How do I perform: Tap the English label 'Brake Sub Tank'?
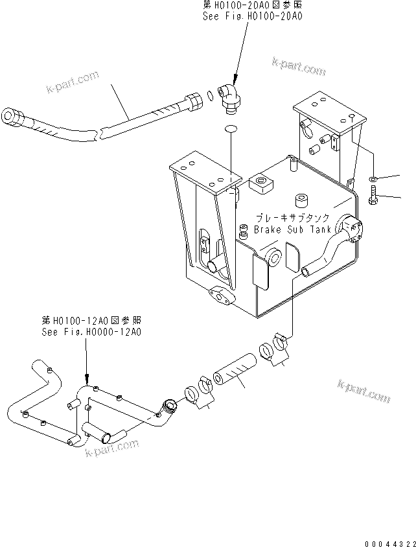coord(292,229)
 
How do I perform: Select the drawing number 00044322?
coord(387,538)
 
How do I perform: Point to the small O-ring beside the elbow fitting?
coord(211,98)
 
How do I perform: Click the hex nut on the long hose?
coord(194,102)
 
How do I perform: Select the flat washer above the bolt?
coord(374,178)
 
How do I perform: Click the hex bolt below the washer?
coord(375,196)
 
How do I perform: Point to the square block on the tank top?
coord(261,185)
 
